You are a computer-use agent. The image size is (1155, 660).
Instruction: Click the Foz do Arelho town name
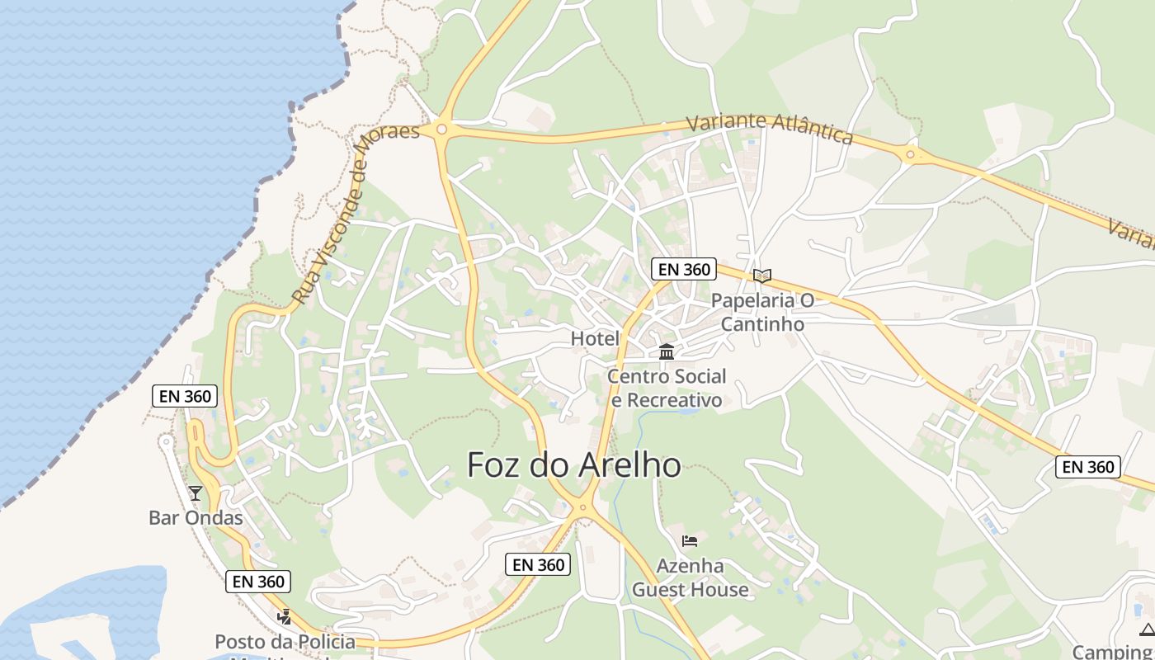tap(574, 465)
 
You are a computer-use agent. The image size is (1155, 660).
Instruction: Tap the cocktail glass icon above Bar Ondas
tap(196, 493)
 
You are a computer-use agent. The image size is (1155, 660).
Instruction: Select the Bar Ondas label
tap(196, 518)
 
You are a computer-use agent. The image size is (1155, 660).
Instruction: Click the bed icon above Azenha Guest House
tap(690, 541)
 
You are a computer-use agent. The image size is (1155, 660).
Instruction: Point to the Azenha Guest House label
tap(690, 577)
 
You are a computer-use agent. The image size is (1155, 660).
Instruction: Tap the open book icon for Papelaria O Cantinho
tap(762, 276)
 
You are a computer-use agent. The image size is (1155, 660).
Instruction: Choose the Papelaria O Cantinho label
tap(762, 312)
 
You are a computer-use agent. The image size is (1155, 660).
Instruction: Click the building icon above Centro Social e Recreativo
tap(667, 352)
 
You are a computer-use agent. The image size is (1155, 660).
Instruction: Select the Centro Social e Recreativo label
tap(667, 388)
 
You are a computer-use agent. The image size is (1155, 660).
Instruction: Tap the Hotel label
tap(595, 338)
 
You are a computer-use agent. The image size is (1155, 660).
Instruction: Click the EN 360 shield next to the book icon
tap(684, 269)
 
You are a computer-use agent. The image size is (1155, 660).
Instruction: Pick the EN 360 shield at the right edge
tap(1088, 467)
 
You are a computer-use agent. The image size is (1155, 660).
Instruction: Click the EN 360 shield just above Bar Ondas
tap(186, 396)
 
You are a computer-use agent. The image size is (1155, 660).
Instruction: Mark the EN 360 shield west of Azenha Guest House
tap(538, 564)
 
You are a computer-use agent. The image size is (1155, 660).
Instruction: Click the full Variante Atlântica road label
tap(769, 128)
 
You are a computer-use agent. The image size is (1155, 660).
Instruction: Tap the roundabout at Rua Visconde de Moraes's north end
tap(441, 130)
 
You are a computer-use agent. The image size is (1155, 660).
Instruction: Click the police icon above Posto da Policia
tap(285, 616)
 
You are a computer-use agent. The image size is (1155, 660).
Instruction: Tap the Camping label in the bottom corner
tap(1114, 652)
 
